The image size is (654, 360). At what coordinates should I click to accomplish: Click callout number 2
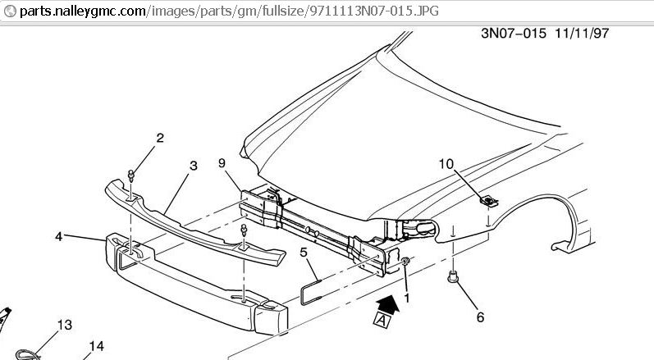click(160, 138)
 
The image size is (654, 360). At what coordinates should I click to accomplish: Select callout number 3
click(194, 166)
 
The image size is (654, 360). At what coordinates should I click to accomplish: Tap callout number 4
click(59, 236)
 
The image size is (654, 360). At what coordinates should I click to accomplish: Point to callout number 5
click(304, 253)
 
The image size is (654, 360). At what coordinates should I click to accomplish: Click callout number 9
click(222, 163)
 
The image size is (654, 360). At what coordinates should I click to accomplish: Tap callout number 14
click(97, 347)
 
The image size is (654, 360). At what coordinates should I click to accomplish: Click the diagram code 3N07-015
click(512, 34)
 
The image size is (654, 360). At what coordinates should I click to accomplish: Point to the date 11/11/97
click(582, 34)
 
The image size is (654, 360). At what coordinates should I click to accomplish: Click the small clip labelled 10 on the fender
click(486, 199)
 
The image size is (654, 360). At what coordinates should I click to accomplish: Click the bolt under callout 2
click(131, 175)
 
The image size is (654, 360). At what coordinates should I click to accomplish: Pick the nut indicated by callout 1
click(406, 261)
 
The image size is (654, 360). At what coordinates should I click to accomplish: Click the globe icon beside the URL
click(9, 11)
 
